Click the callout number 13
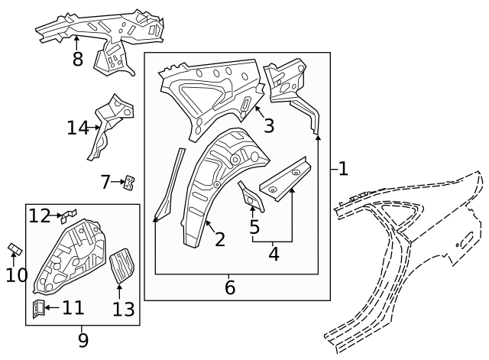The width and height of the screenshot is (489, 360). pos(123,309)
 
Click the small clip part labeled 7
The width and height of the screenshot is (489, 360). pos(130,182)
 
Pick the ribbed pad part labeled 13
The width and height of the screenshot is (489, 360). pos(121,264)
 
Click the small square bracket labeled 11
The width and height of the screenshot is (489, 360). pos(36,308)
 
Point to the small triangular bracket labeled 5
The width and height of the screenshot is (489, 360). pos(250,196)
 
